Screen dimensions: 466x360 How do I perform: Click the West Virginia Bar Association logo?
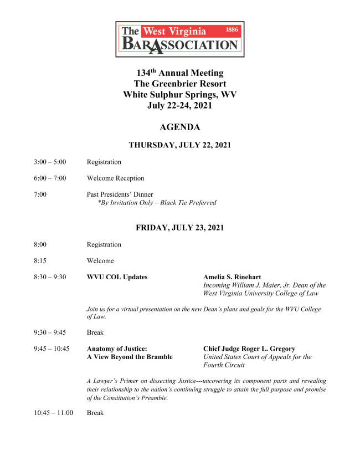[x=179, y=39]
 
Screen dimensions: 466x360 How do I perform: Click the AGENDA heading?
[x=179, y=127]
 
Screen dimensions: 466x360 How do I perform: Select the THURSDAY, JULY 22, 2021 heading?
[x=179, y=145]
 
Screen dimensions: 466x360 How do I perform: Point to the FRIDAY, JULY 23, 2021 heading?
[x=179, y=228]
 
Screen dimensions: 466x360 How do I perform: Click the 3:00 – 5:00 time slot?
[x=50, y=162]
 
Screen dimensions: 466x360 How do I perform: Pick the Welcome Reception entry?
[x=115, y=178]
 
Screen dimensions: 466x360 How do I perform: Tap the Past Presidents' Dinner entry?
[x=120, y=194]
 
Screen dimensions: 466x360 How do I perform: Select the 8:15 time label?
[x=39, y=261]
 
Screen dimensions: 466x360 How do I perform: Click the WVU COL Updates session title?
[x=117, y=277]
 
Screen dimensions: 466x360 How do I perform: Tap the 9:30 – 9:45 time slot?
[x=50, y=333]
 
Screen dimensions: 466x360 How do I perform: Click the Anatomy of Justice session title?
[x=117, y=349]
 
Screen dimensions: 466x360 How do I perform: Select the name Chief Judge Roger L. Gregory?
[x=249, y=349]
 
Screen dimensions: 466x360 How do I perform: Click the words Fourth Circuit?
[x=224, y=365]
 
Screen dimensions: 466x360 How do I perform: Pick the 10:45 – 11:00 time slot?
[x=53, y=413]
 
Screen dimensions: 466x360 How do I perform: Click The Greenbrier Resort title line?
[x=179, y=84]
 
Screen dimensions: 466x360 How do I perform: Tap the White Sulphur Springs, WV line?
[x=179, y=95]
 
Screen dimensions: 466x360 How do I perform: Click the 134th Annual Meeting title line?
[x=179, y=73]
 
